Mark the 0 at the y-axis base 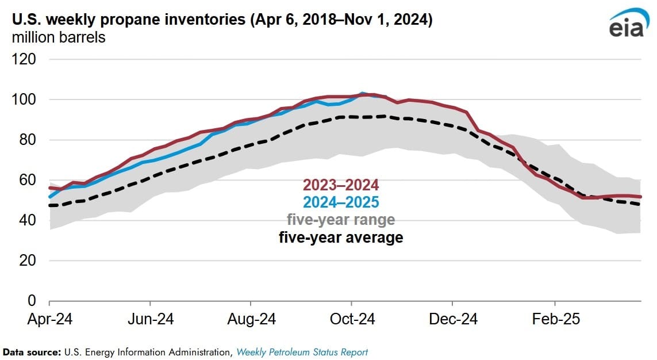pyautogui.click(x=32, y=301)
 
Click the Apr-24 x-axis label pyautogui.click(x=50, y=319)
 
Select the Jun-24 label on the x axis pyautogui.click(x=151, y=319)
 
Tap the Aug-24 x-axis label pyautogui.click(x=251, y=319)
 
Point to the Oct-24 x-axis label pyautogui.click(x=352, y=319)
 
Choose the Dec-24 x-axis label pyautogui.click(x=453, y=319)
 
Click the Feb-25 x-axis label pyautogui.click(x=555, y=319)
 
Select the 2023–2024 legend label pyautogui.click(x=341, y=185)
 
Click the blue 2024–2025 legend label pyautogui.click(x=341, y=202)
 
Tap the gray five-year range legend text pyautogui.click(x=341, y=220)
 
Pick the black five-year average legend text pyautogui.click(x=341, y=237)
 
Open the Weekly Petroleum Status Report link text pyautogui.click(x=302, y=351)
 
